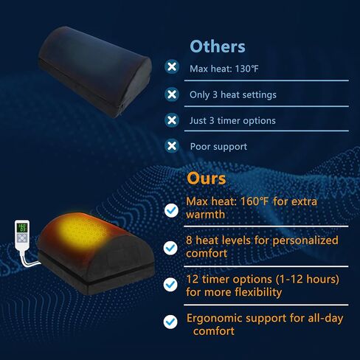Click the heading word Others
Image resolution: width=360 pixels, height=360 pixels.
pyautogui.click(x=218, y=46)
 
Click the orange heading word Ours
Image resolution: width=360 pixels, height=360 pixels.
pyautogui.click(x=206, y=179)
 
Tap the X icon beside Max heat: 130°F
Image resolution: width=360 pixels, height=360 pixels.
pyautogui.click(x=172, y=66)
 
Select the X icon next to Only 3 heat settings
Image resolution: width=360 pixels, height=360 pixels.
pyautogui.click(x=172, y=94)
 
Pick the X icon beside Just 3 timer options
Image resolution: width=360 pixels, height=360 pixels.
pyautogui.click(x=172, y=120)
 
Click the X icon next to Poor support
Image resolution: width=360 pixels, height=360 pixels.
pyautogui.click(x=172, y=146)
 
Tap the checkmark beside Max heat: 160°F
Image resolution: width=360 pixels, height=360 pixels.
pyautogui.click(x=171, y=210)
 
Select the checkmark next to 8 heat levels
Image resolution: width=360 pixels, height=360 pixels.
pyautogui.click(x=171, y=248)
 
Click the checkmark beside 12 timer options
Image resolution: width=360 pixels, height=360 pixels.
pyautogui.click(x=170, y=285)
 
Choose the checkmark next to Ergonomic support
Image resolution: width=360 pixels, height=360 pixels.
pyautogui.click(x=170, y=322)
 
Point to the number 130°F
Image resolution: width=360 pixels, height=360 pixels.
pyautogui.click(x=246, y=69)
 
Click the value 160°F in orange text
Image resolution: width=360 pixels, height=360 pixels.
pyautogui.click(x=254, y=201)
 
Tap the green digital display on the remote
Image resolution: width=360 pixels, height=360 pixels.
pyautogui.click(x=22, y=227)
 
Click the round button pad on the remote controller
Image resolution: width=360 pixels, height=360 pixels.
pyautogui.click(x=22, y=238)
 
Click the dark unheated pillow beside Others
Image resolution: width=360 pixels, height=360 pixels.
pyautogui.click(x=94, y=72)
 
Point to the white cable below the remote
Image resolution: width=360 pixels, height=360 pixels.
pyautogui.click(x=29, y=260)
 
